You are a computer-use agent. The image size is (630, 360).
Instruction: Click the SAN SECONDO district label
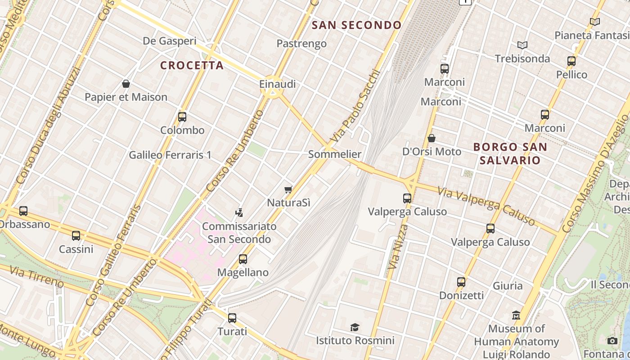[356, 25]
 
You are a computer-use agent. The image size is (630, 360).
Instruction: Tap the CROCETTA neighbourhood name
[192, 65]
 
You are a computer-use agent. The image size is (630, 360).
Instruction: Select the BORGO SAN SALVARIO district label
[510, 153]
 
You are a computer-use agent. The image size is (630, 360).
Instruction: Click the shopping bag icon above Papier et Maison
[126, 84]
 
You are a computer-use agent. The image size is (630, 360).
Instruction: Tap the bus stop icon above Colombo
[182, 117]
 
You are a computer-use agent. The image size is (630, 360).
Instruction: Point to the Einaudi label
[277, 84]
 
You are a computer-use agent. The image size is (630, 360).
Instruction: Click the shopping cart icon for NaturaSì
[288, 189]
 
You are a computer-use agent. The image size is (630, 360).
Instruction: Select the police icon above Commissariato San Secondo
[239, 212]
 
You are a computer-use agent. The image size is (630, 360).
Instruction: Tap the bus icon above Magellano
[243, 259]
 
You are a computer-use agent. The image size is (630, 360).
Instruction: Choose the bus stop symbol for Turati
[232, 318]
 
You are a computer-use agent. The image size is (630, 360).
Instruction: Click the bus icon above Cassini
[76, 236]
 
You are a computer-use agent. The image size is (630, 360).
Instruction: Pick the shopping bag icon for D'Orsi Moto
[432, 138]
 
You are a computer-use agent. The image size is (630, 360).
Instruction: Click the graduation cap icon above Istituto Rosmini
[355, 327]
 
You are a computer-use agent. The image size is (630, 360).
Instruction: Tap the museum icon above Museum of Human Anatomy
[516, 315]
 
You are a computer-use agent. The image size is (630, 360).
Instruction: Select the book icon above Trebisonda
[522, 45]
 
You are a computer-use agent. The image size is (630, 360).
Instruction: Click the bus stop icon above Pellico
[571, 61]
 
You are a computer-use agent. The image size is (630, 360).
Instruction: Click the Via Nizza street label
[398, 247]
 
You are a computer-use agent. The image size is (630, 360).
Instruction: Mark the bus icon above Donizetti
[461, 282]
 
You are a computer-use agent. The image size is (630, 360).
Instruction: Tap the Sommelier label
[334, 154]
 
